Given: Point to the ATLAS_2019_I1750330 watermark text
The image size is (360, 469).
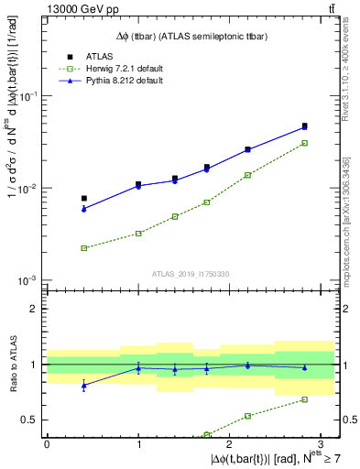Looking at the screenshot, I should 191,273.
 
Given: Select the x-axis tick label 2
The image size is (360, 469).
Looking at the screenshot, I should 229,443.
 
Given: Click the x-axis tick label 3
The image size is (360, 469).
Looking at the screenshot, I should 321,443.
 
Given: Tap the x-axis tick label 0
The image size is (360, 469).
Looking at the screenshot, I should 47,443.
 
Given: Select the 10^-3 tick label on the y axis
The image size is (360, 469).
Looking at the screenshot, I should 28,280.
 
